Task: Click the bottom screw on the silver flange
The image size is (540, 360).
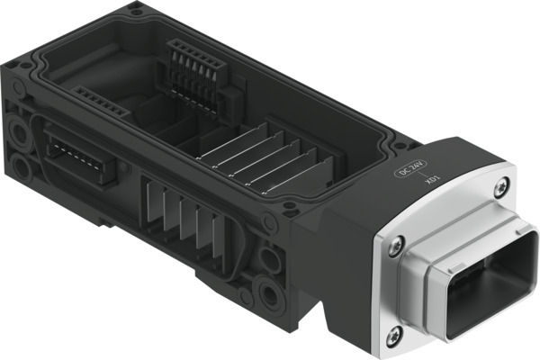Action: (x=391, y=337)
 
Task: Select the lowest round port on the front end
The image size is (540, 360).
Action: (x=266, y=291)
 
